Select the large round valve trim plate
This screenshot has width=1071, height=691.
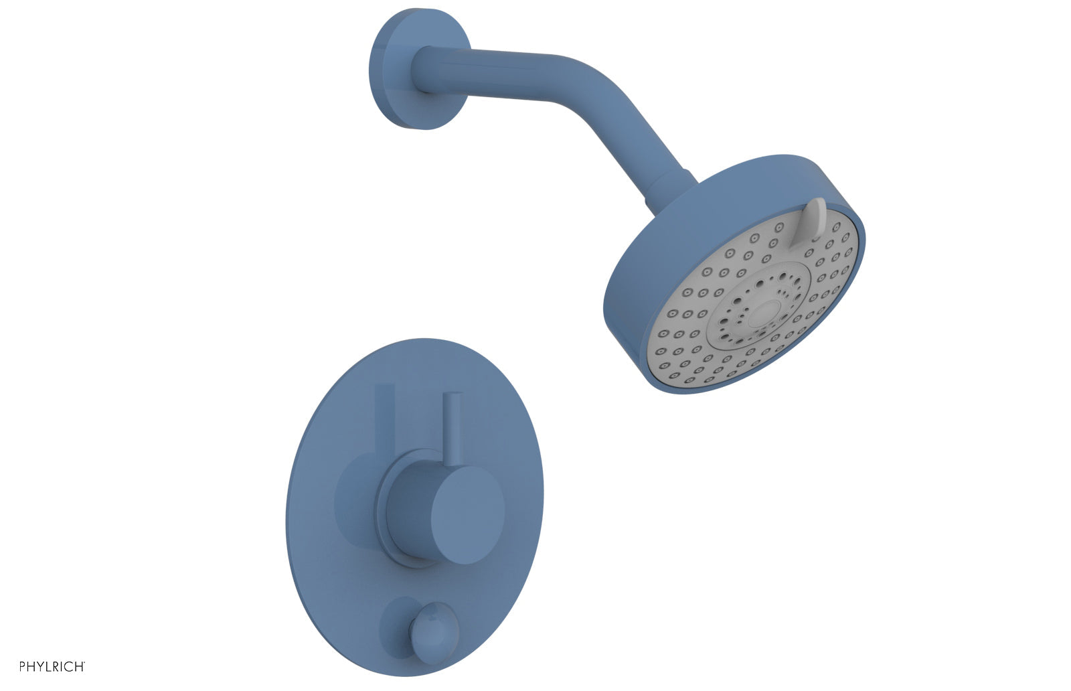click(x=335, y=569)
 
